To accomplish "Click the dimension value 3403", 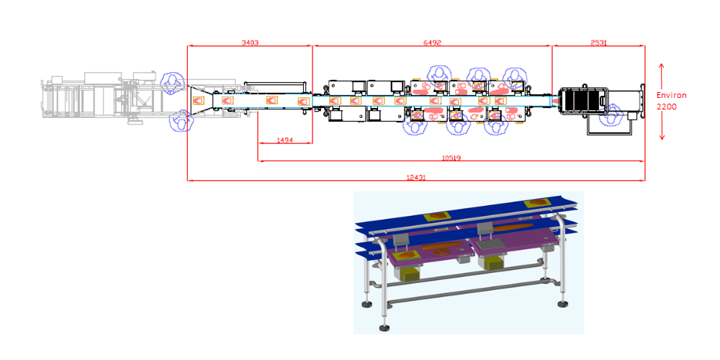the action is [x=251, y=42].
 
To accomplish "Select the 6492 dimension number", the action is [x=432, y=42].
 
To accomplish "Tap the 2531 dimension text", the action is [x=598, y=42].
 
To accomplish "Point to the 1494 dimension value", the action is [x=285, y=140].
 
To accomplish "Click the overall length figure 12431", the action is [x=416, y=177].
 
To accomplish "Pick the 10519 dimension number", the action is [x=451, y=158].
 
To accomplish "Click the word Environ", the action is [x=671, y=96].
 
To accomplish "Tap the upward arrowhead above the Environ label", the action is [x=662, y=66].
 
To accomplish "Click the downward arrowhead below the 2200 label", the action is [x=662, y=136].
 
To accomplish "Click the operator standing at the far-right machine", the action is [x=611, y=117].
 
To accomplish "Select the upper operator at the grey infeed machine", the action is [x=173, y=83].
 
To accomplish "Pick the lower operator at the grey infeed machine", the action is [x=181, y=121].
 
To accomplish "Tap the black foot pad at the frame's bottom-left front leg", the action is [x=384, y=328].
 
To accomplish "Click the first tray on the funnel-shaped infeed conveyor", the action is [x=199, y=99].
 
